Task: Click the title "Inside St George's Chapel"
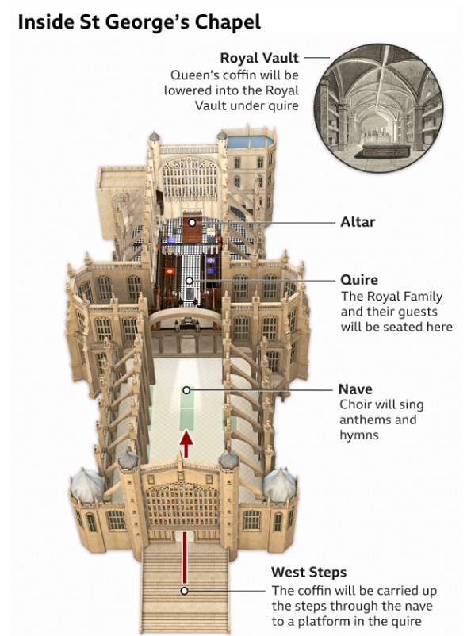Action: pyautogui.click(x=139, y=22)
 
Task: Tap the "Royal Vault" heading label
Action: pyautogui.click(x=259, y=58)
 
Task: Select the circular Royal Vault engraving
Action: pyautogui.click(x=378, y=108)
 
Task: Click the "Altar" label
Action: pyautogui.click(x=358, y=222)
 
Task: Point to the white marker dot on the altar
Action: pyautogui.click(x=192, y=223)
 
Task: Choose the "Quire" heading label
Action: pyautogui.click(x=359, y=279)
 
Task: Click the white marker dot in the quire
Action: pyautogui.click(x=189, y=280)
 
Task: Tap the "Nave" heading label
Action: pyautogui.click(x=355, y=389)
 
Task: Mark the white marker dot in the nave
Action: pyautogui.click(x=186, y=390)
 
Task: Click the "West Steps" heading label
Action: pyautogui.click(x=308, y=572)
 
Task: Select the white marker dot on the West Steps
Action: pyautogui.click(x=184, y=591)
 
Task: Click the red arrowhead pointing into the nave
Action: pyautogui.click(x=186, y=439)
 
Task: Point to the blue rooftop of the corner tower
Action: pyautogui.click(x=250, y=142)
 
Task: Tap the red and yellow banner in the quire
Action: pyautogui.click(x=169, y=271)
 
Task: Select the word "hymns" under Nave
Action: pyautogui.click(x=358, y=435)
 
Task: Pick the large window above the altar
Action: pyautogui.click(x=190, y=178)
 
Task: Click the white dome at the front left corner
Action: pyautogui.click(x=86, y=485)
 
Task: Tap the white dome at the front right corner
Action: pyautogui.click(x=280, y=485)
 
